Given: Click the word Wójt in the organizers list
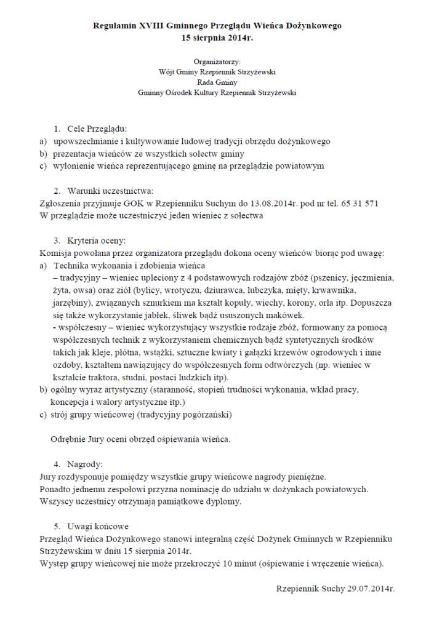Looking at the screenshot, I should point(167,71).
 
